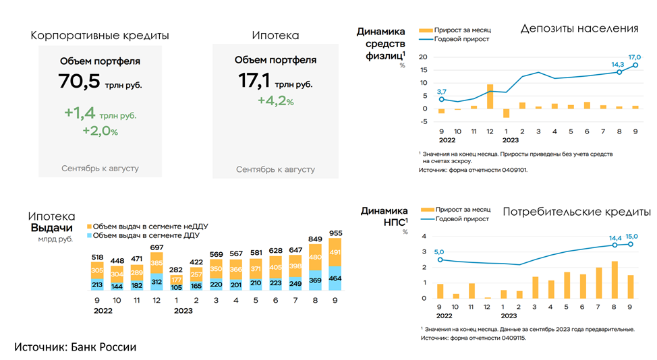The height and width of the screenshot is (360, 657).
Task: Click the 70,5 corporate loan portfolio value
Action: [x=80, y=82]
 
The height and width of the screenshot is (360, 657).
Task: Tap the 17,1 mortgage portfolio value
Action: [x=254, y=81]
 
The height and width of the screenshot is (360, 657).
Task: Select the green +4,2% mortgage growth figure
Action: [x=275, y=101]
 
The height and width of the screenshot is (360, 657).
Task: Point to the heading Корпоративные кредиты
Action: [x=100, y=36]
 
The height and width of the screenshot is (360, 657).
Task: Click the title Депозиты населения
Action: [x=579, y=28]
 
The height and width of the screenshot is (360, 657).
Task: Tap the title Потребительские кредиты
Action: [x=577, y=212]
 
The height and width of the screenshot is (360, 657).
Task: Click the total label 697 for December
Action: [x=156, y=249]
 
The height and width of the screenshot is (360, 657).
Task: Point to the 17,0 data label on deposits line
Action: [x=633, y=57]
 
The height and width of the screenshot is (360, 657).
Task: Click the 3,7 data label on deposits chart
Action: [x=442, y=91]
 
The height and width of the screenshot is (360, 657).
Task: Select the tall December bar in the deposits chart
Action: [x=490, y=96]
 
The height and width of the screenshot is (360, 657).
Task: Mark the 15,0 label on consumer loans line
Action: [x=631, y=237]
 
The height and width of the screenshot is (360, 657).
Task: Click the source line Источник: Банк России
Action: [x=76, y=347]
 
